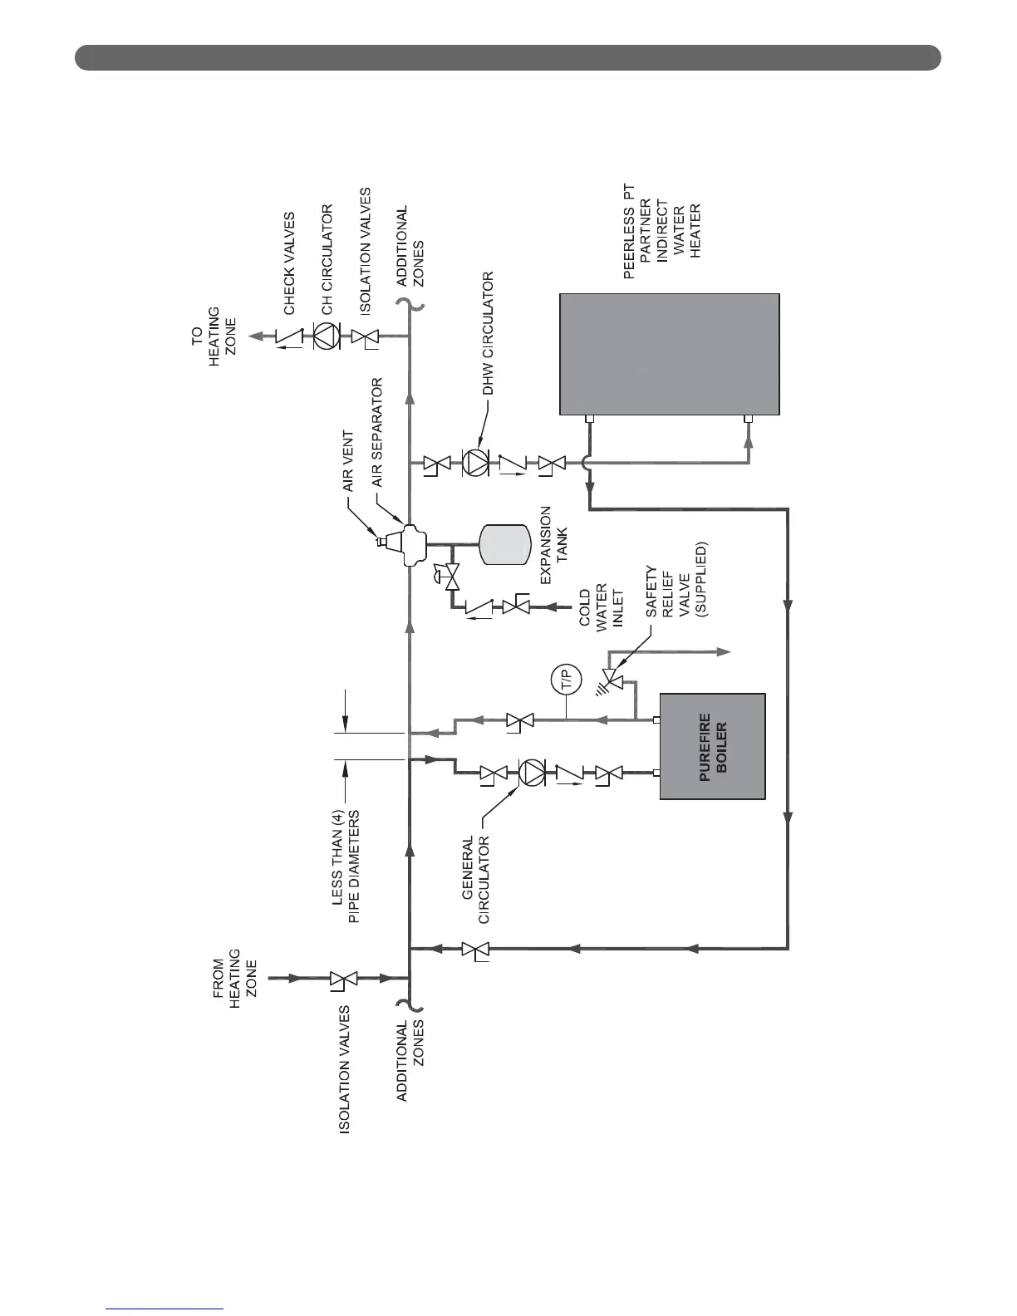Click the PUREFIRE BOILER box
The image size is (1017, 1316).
click(712, 745)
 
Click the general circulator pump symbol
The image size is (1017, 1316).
click(530, 774)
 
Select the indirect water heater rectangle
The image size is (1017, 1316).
click(669, 353)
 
